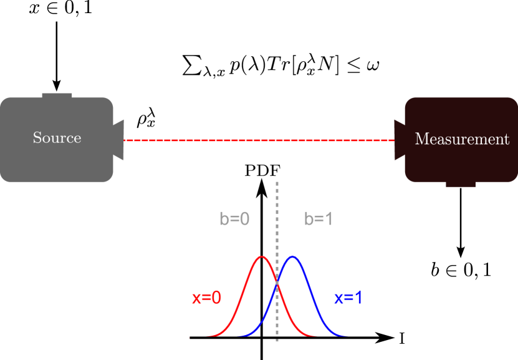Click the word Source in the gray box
(57, 138)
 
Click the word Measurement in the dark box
(462, 139)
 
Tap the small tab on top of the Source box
(57, 95)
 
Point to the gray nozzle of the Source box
(118, 140)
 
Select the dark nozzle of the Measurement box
(400, 140)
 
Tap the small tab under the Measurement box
(461, 184)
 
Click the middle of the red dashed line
(259, 140)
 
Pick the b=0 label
(234, 219)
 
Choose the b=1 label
(319, 219)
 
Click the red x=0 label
(206, 298)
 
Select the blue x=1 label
(348, 298)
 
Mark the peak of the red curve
(262, 256)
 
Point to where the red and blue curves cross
(277, 284)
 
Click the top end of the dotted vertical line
(277, 183)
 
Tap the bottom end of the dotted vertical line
(277, 341)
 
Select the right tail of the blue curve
(347, 336)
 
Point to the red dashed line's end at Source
(125, 140)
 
